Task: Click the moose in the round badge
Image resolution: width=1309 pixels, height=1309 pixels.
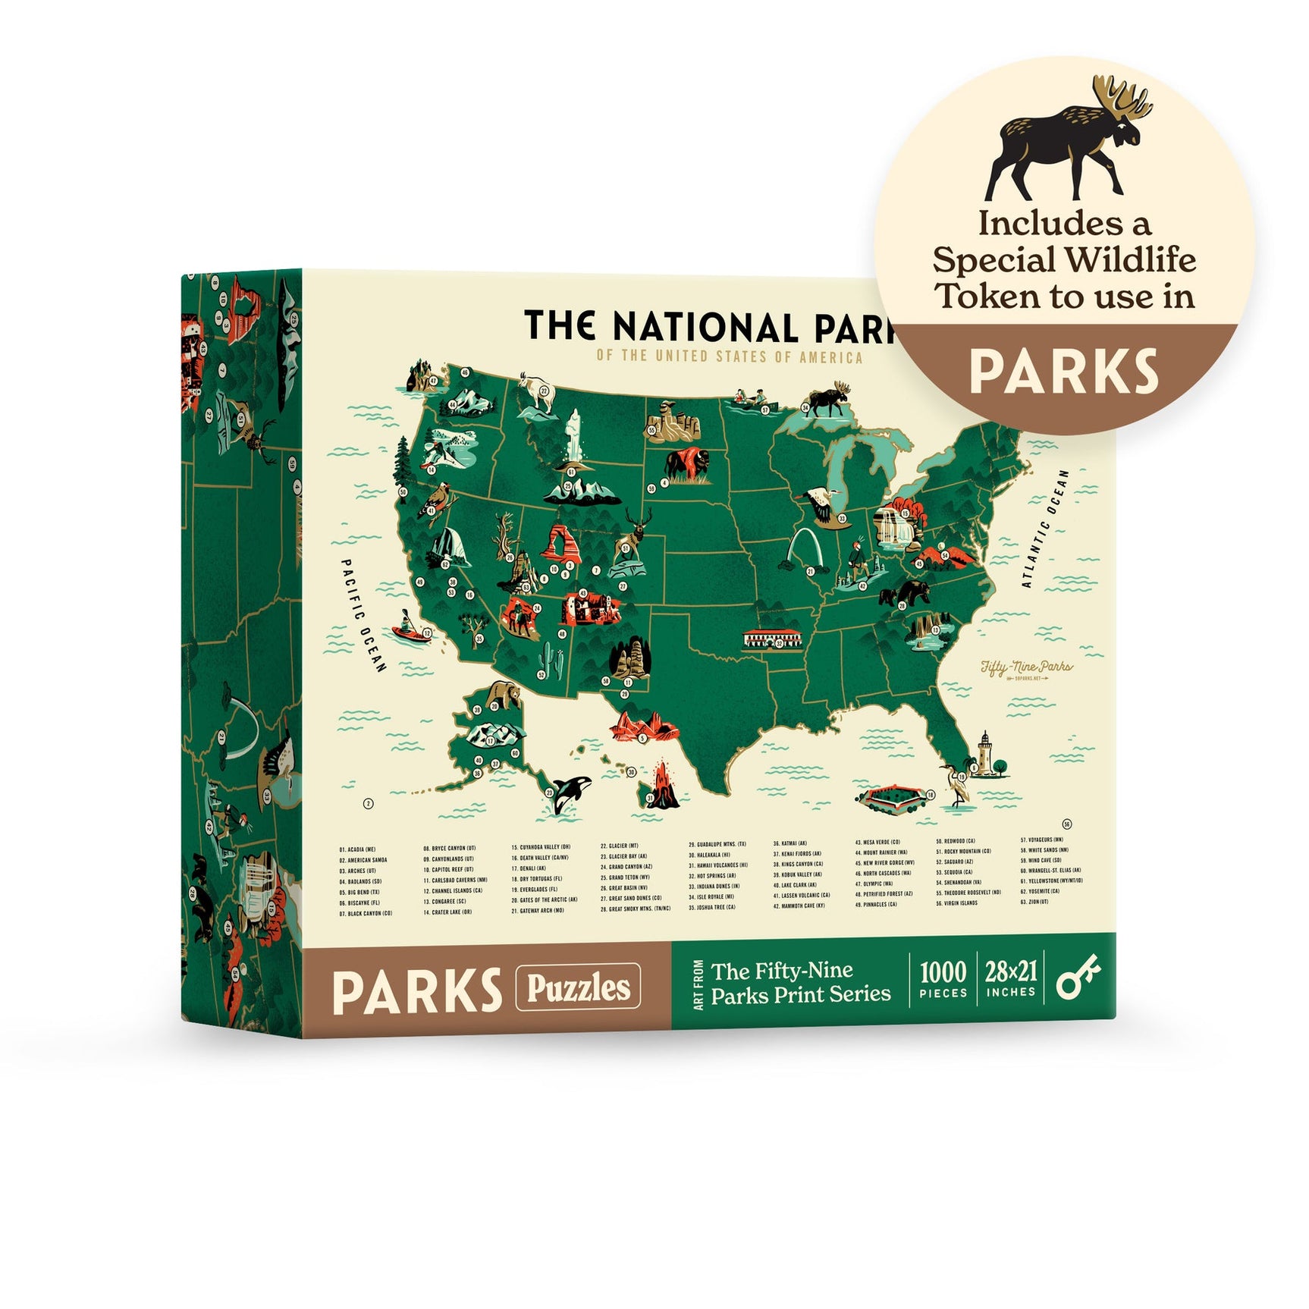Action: [x=1066, y=140]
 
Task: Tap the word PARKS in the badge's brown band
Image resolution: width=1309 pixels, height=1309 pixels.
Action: [x=1064, y=372]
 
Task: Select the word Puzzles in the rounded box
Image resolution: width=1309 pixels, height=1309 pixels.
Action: [x=578, y=987]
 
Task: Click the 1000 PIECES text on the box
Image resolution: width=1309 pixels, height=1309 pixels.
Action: [x=943, y=979]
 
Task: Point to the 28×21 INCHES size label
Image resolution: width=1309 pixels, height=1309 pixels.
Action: [x=1010, y=979]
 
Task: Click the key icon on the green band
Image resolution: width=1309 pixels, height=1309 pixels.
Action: [x=1079, y=981]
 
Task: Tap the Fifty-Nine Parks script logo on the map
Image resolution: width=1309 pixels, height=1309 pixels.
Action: [x=1027, y=668]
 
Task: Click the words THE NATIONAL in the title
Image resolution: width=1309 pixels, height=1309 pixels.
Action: [x=660, y=327]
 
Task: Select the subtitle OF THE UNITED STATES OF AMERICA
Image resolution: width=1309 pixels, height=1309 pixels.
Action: [x=730, y=356]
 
